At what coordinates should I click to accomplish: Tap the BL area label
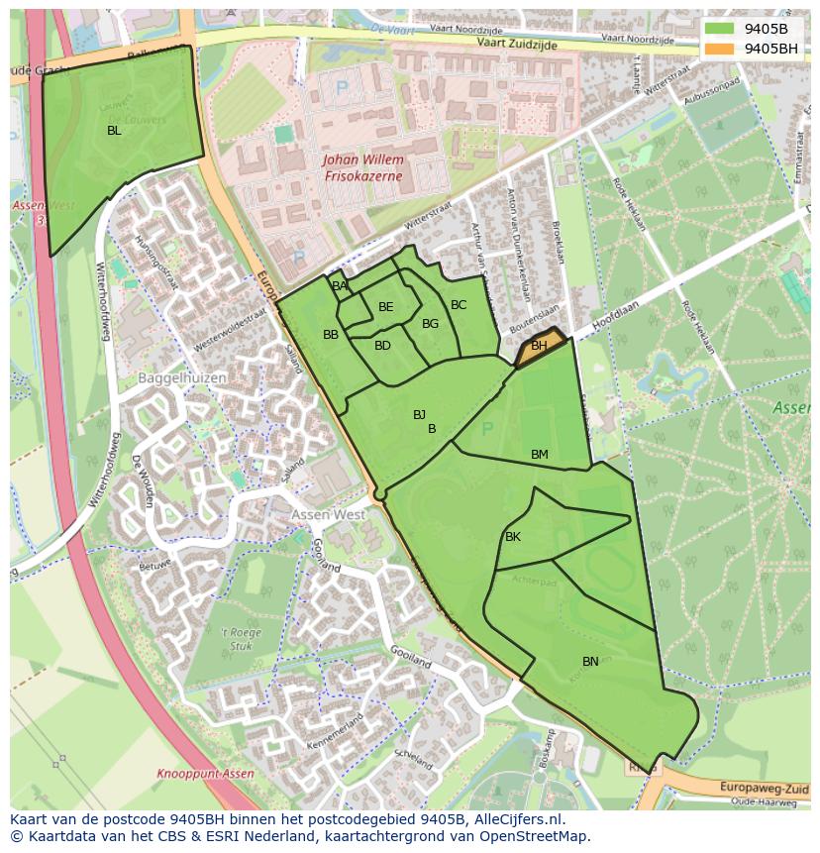click(x=114, y=130)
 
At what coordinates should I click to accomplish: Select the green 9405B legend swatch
click(x=720, y=28)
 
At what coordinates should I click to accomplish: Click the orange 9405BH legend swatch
click(x=720, y=48)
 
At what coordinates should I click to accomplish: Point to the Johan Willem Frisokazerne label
click(x=363, y=167)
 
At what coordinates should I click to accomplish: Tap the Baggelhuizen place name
click(x=182, y=377)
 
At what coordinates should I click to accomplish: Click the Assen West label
click(x=328, y=515)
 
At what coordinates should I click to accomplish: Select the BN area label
click(x=590, y=662)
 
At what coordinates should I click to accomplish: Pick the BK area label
click(x=513, y=537)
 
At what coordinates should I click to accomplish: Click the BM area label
click(x=539, y=455)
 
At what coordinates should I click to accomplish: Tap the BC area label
click(x=459, y=305)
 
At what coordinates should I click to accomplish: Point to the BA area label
click(x=340, y=286)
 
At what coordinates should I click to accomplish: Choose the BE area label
click(x=386, y=307)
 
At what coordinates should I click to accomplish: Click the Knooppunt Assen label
click(x=205, y=774)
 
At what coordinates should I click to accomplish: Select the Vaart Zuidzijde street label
click(x=517, y=45)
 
